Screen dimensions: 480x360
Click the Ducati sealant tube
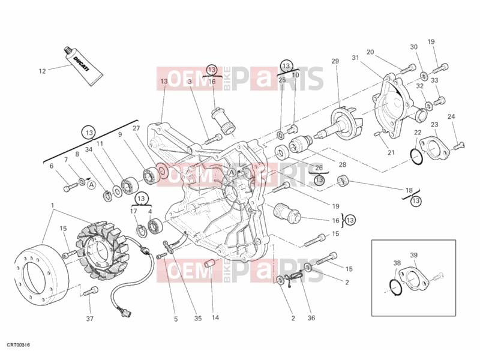tap(83, 66)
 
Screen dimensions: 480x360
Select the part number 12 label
tap(42, 71)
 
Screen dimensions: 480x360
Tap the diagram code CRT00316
tap(19, 346)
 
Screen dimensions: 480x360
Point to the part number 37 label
tap(89, 319)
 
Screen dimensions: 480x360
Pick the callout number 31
tap(355, 58)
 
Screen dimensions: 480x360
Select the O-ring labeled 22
tap(416, 157)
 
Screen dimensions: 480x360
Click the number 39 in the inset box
tap(413, 254)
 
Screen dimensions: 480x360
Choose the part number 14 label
tap(215, 318)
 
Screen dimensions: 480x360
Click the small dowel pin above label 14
tap(209, 263)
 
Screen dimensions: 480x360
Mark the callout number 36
tap(311, 318)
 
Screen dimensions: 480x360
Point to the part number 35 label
tap(198, 319)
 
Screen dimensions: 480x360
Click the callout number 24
tap(451, 116)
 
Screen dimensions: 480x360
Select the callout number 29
tap(335, 61)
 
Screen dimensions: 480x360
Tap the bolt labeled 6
tap(70, 187)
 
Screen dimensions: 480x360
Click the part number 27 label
tap(136, 128)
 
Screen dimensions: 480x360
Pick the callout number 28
tap(342, 164)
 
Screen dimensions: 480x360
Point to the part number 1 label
tap(53, 205)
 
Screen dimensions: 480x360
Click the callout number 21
tap(391, 152)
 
